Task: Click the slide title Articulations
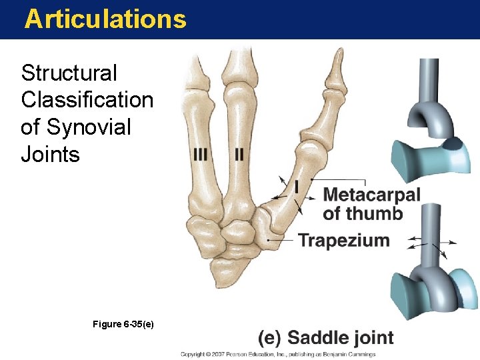click(105, 19)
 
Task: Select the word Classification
click(87, 99)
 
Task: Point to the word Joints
click(51, 155)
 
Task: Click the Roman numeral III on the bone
click(201, 154)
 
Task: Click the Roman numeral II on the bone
click(239, 154)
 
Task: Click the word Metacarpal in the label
click(371, 195)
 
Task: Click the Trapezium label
click(343, 240)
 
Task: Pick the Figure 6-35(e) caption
click(123, 323)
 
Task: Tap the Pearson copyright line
click(277, 354)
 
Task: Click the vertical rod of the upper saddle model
click(429, 79)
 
